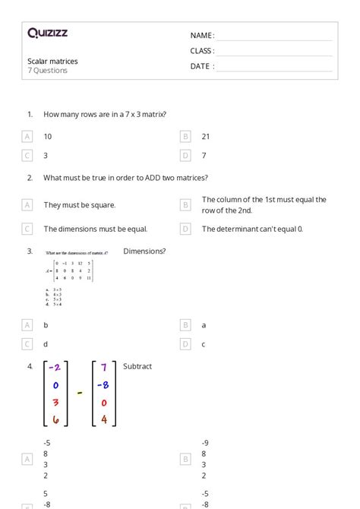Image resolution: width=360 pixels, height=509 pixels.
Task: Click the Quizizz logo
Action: click(x=47, y=33)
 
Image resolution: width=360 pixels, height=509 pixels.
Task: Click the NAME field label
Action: click(x=202, y=36)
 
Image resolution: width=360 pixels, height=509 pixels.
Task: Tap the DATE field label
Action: click(x=202, y=66)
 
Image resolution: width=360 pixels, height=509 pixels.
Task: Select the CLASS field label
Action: click(x=202, y=51)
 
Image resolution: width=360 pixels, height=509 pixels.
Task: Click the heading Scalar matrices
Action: click(x=52, y=61)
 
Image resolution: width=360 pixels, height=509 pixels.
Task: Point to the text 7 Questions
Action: click(x=48, y=71)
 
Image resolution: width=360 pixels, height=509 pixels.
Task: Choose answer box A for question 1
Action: click(x=27, y=137)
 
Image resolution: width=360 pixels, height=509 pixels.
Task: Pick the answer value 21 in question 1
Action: click(x=206, y=137)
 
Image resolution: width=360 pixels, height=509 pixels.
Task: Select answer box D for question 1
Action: click(x=185, y=156)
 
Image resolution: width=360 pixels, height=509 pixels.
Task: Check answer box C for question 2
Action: click(x=27, y=229)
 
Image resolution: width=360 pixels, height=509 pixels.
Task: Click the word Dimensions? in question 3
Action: click(x=144, y=251)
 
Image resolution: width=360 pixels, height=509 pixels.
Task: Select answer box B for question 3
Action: click(x=185, y=325)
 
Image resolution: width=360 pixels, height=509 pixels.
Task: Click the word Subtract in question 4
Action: click(x=137, y=366)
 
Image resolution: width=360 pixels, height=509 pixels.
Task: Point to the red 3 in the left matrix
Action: click(x=55, y=402)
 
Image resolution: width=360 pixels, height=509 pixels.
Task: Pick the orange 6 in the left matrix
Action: click(x=55, y=419)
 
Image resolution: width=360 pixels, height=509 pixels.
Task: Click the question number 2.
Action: click(x=30, y=178)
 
